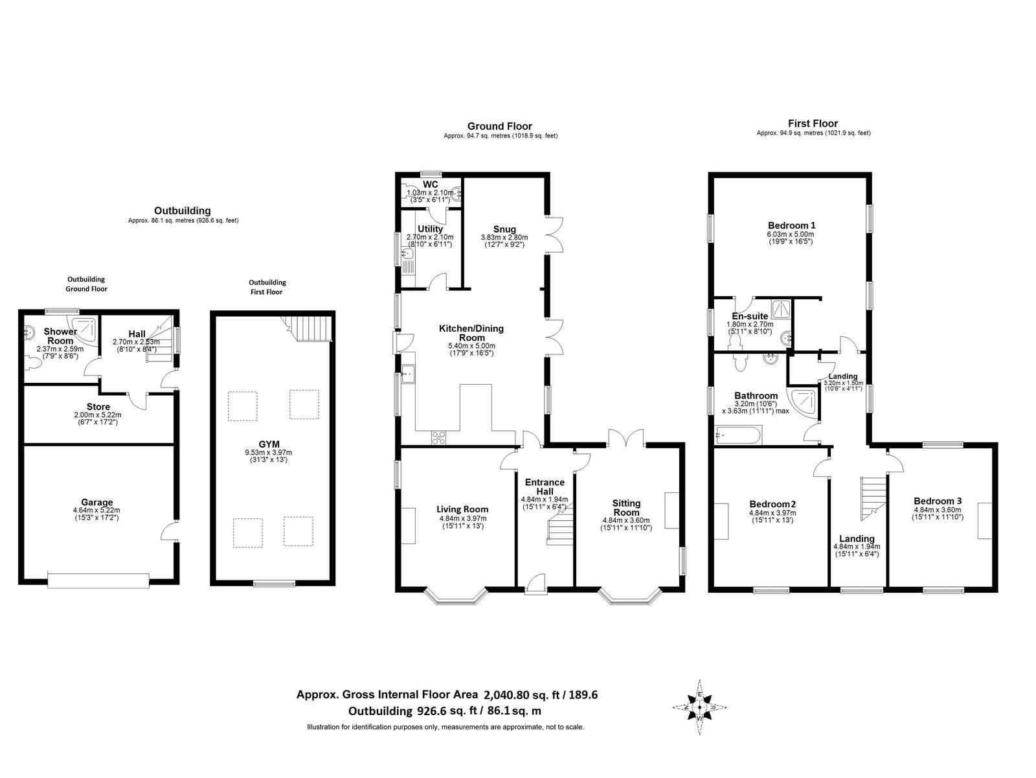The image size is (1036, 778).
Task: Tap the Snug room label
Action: (x=504, y=229)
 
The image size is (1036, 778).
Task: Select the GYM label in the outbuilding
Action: (x=269, y=444)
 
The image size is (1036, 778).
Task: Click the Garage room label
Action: (x=96, y=502)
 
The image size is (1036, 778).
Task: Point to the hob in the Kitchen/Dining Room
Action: (x=438, y=438)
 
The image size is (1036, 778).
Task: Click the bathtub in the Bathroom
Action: (x=738, y=435)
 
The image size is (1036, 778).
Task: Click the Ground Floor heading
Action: (x=500, y=126)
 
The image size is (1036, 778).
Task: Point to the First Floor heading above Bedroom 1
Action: (x=813, y=124)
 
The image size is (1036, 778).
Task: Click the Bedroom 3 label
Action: (x=938, y=501)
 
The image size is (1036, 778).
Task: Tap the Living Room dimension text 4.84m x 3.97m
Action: (x=462, y=518)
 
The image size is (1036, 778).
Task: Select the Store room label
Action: (x=98, y=406)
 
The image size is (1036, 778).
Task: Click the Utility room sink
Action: (x=407, y=254)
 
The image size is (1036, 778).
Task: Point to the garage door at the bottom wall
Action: (x=98, y=580)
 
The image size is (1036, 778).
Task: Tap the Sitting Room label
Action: (x=626, y=508)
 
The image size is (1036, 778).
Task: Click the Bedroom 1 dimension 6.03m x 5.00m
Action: (x=791, y=234)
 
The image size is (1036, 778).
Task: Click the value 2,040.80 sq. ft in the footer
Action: (x=522, y=694)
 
